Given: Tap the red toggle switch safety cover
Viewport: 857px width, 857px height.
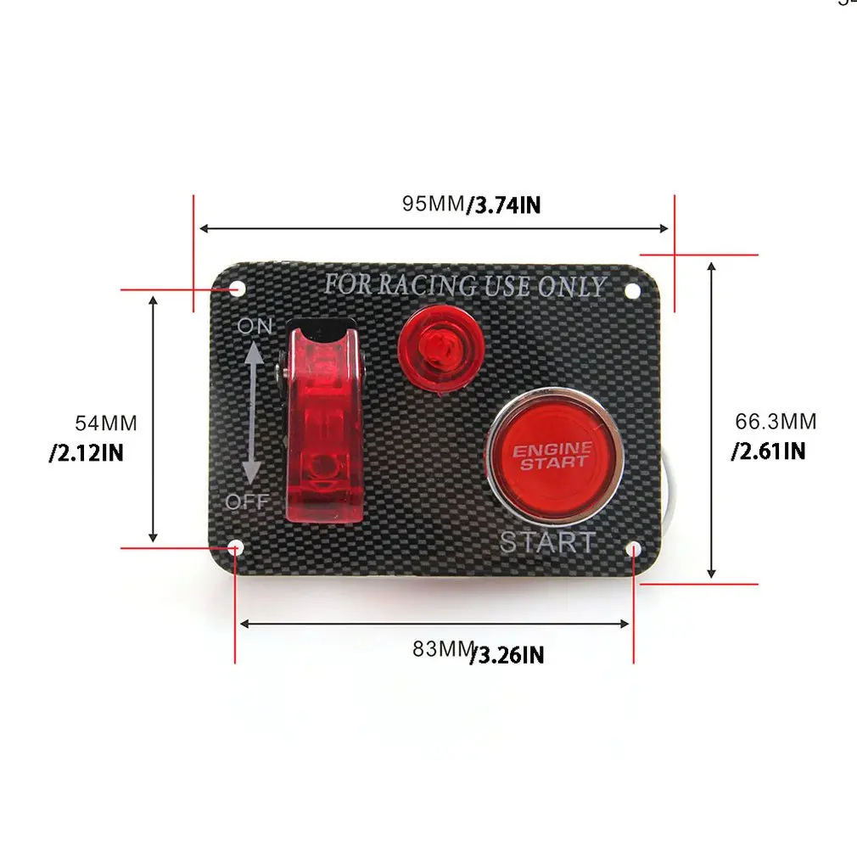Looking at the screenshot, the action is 323,421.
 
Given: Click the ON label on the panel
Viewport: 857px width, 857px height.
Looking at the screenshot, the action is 255,327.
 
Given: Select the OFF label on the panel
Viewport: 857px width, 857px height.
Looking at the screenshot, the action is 247,501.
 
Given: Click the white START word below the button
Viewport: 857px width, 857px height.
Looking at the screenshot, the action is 547,542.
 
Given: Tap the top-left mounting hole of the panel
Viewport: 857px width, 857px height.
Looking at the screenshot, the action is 238,288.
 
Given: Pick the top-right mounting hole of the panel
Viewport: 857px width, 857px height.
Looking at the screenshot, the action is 632,291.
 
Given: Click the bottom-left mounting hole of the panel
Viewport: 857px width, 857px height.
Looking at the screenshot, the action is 237,548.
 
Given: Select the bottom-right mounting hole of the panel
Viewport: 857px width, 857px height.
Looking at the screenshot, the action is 634,549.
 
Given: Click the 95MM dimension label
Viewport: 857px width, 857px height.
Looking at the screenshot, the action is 434,204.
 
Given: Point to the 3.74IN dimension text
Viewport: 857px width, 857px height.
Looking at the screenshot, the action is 504,205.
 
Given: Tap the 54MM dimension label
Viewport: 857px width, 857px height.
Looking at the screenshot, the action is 106,423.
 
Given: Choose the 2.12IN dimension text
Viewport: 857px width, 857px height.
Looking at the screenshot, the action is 87,453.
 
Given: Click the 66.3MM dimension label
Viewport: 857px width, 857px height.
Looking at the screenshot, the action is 776,422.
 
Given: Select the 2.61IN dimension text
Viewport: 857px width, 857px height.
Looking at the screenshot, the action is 769,451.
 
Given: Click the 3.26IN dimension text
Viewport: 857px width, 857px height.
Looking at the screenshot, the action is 507,655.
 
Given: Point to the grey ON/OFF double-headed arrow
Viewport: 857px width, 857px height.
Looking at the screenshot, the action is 252,413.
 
